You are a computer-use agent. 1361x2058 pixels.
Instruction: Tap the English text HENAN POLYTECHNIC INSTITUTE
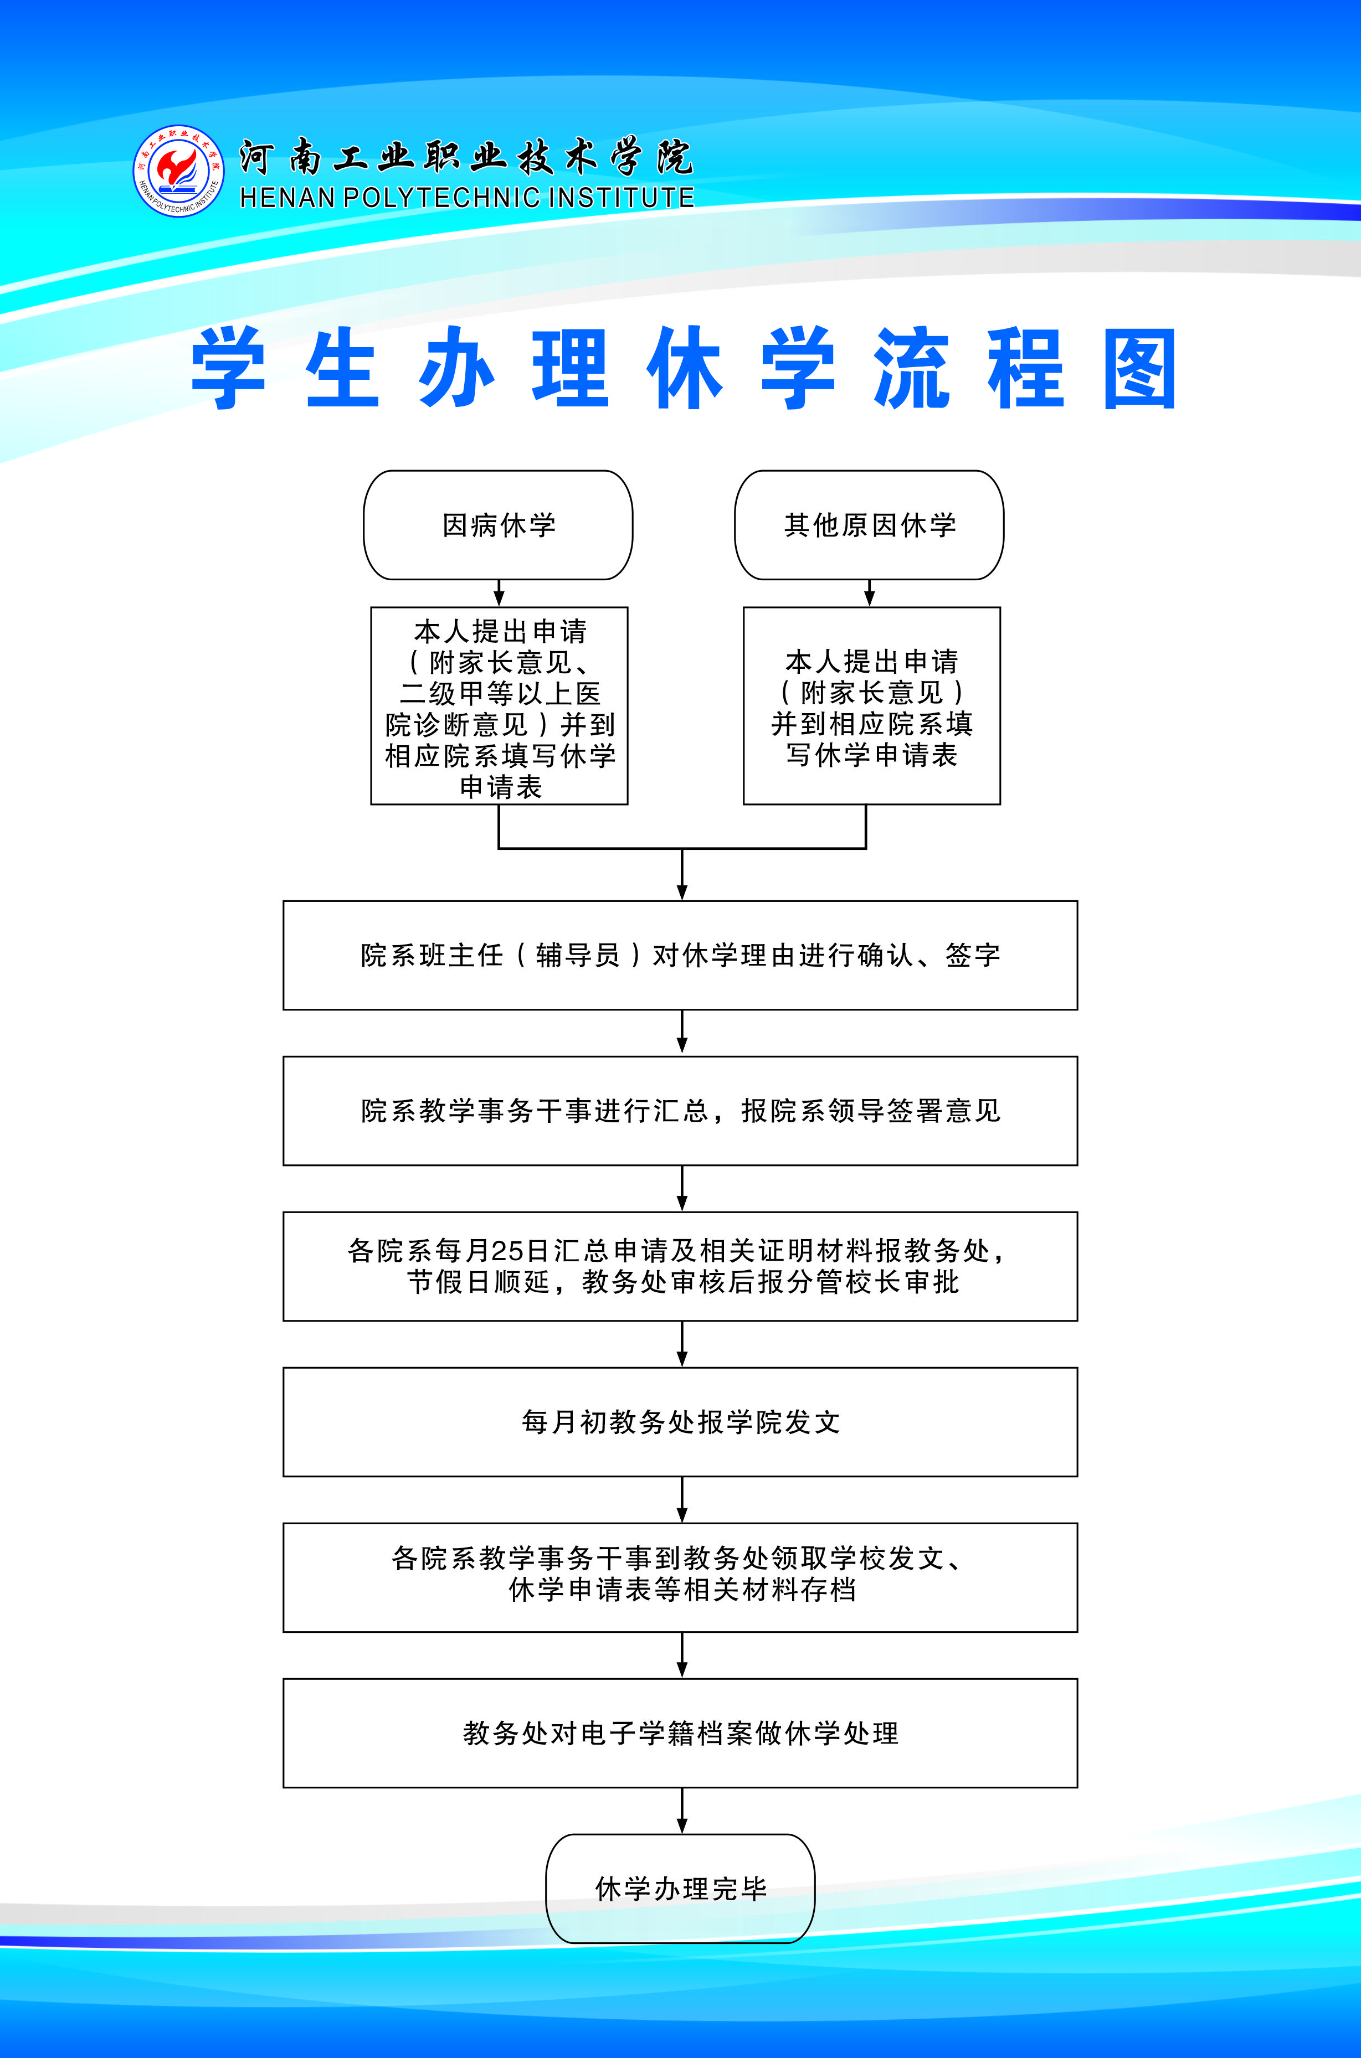[x=467, y=198]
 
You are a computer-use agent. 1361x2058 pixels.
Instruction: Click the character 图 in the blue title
[x=1139, y=368]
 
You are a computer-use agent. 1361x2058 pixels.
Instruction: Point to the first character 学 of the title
[x=228, y=368]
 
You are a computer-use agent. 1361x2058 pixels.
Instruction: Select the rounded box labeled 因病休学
[x=498, y=525]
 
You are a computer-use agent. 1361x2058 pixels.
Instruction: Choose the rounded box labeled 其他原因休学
[x=869, y=525]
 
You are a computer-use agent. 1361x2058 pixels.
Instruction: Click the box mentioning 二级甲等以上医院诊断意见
[x=499, y=705]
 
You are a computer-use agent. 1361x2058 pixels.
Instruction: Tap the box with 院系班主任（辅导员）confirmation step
[x=680, y=955]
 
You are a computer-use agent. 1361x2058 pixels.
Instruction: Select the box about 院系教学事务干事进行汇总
[x=680, y=1111]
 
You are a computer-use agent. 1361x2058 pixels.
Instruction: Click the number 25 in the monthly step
[x=507, y=1250]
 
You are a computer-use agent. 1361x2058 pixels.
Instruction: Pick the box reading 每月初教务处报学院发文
[x=680, y=1422]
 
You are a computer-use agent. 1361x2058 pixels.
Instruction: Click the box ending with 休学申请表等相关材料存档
[x=680, y=1577]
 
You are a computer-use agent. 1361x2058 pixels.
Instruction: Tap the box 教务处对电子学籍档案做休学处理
[x=680, y=1732]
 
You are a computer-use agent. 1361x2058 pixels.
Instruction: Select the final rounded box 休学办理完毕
[x=680, y=1888]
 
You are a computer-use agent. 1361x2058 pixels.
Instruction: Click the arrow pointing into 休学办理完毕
[x=682, y=1811]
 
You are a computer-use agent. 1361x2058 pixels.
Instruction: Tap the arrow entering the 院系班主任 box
[x=682, y=875]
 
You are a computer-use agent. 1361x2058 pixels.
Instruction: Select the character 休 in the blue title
[x=684, y=368]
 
